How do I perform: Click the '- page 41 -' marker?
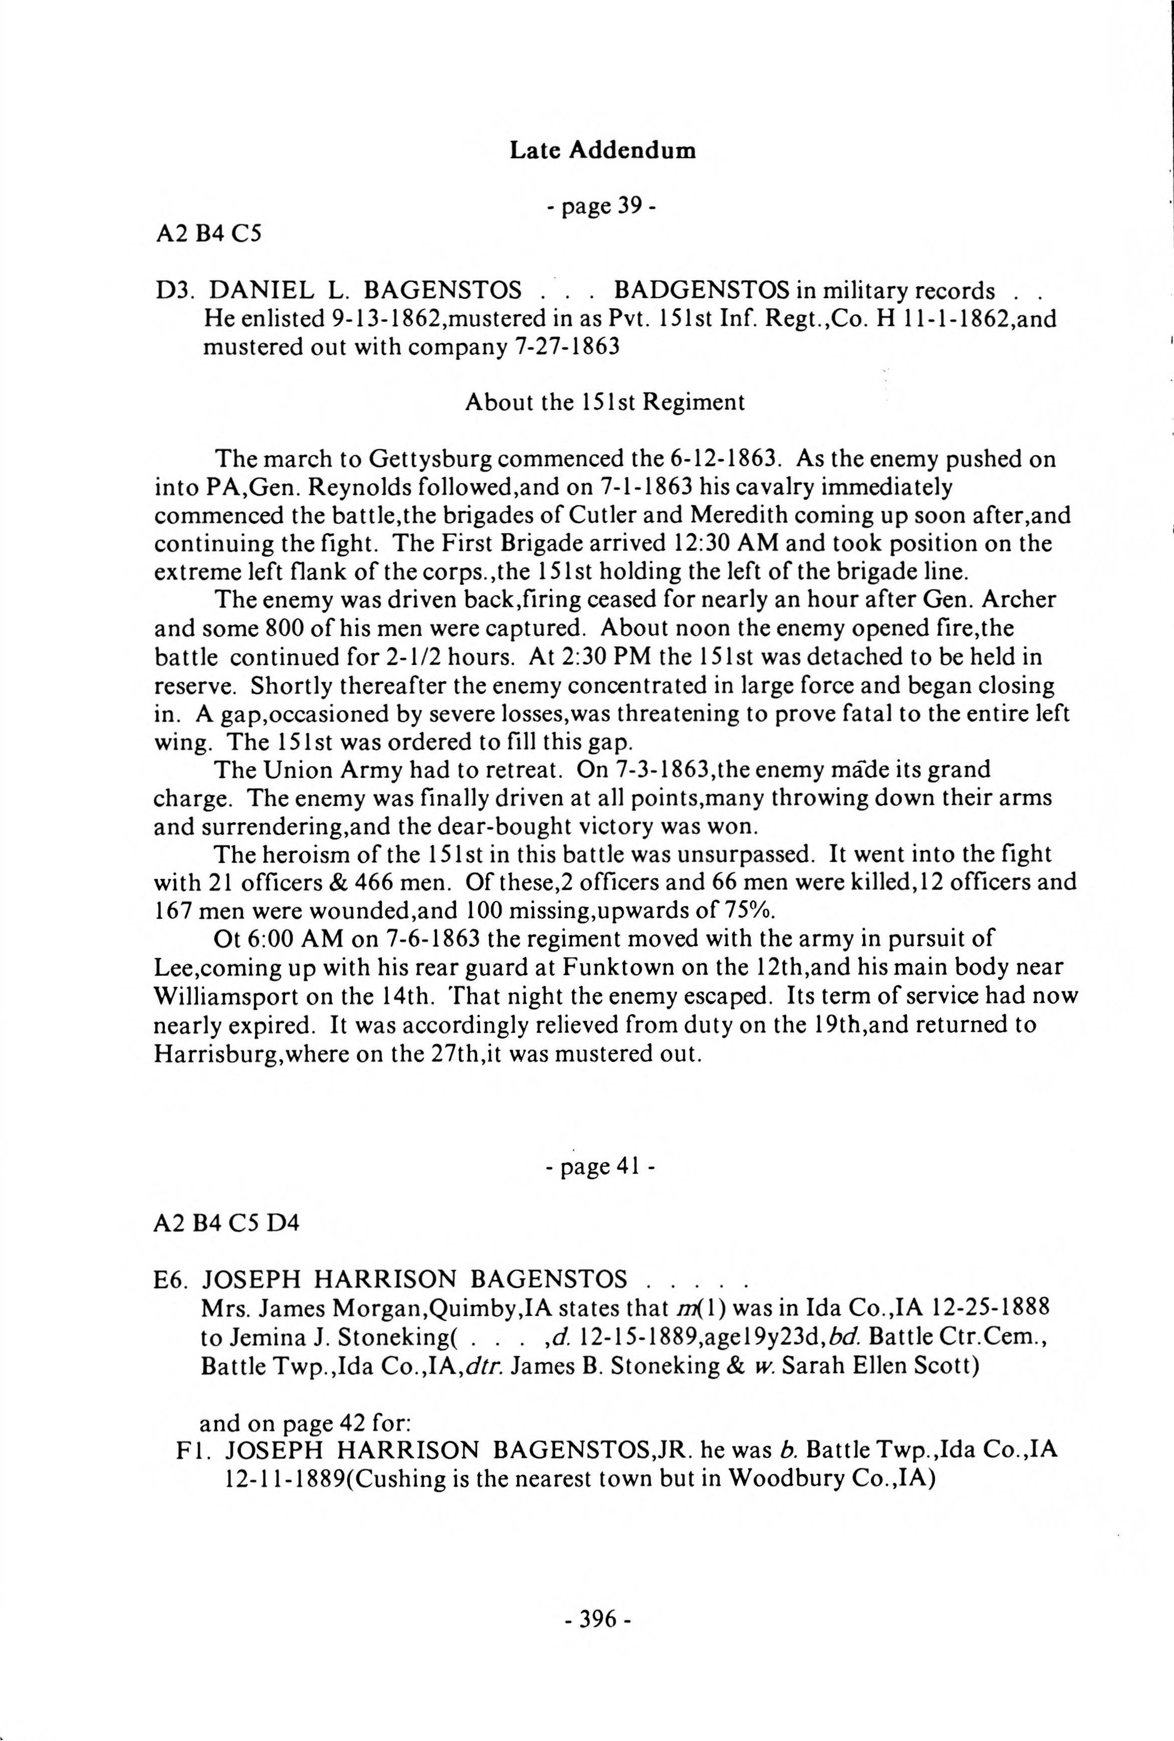[601, 1167]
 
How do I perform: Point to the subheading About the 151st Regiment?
[605, 403]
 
